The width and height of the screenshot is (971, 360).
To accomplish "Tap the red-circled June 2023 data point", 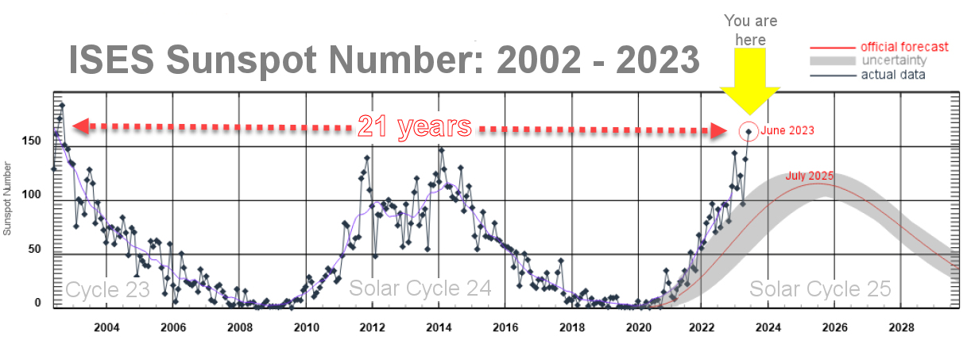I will tap(748, 131).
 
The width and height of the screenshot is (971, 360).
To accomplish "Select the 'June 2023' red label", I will tap(787, 130).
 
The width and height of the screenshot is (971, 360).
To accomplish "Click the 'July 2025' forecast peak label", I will tap(810, 176).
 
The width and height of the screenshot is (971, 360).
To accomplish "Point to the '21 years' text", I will tap(414, 126).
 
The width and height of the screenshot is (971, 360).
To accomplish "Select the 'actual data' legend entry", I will tap(893, 75).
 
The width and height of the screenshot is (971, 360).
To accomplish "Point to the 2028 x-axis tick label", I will tap(901, 326).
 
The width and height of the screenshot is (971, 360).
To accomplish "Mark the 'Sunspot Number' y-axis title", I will tap(7, 199).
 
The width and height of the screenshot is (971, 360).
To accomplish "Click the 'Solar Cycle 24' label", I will tap(420, 289).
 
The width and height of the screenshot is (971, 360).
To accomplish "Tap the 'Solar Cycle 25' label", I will tap(820, 289).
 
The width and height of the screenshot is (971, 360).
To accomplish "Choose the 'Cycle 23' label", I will tap(107, 289).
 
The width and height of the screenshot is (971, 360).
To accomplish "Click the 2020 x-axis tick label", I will tap(636, 326).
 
